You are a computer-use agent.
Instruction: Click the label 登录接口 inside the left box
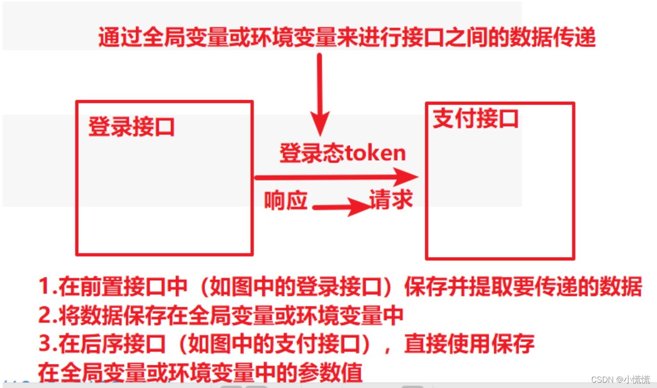(x=131, y=127)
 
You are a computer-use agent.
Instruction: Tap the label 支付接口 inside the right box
(x=475, y=118)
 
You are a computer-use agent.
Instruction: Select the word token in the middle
(x=375, y=153)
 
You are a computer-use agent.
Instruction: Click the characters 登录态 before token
(x=311, y=153)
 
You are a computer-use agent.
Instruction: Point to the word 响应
(x=286, y=200)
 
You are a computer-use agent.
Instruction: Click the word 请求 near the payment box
(x=391, y=199)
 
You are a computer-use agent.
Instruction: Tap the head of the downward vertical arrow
(x=320, y=123)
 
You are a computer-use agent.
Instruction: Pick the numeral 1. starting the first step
(x=47, y=286)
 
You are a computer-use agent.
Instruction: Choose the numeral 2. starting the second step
(x=47, y=315)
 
